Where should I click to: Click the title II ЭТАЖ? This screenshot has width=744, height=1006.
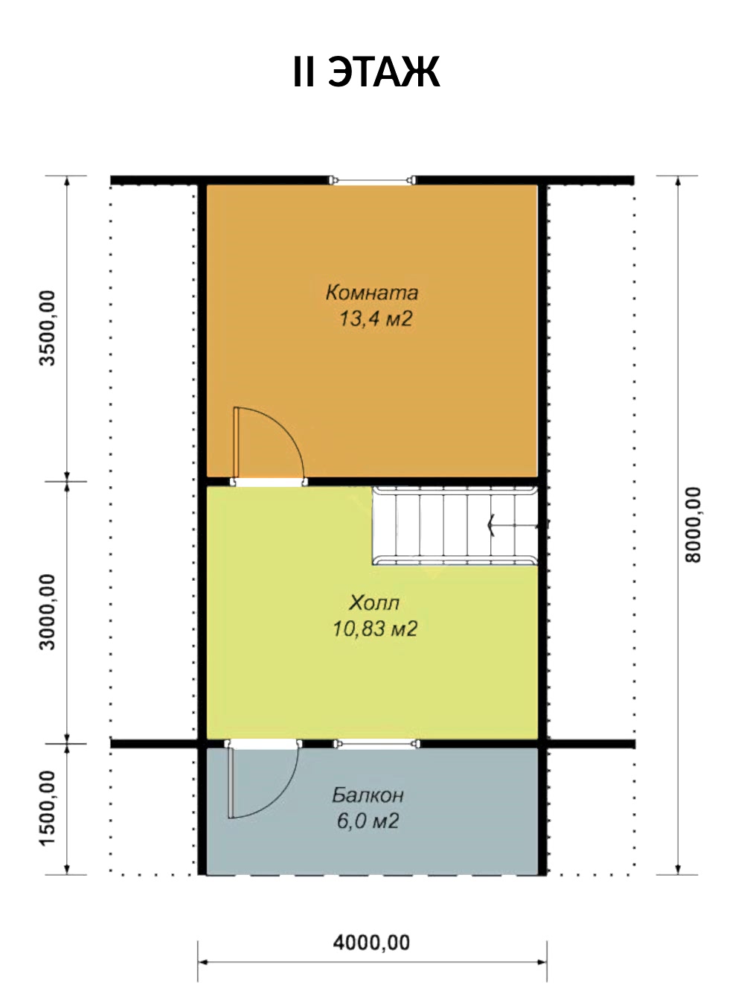coord(366,72)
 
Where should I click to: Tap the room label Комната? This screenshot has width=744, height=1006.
coord(372,293)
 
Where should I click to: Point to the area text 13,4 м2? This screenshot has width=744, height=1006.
coord(376,319)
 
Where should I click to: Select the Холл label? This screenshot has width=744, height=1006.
coord(374,603)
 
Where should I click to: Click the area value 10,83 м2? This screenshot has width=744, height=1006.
coord(375,629)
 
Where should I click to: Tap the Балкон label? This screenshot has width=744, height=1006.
coord(368,795)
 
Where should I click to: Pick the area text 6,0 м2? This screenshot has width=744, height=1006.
coord(368,821)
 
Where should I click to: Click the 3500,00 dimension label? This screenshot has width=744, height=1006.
coord(47,328)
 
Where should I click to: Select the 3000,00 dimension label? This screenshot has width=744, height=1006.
coord(47,612)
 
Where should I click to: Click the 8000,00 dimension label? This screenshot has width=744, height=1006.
coord(693,525)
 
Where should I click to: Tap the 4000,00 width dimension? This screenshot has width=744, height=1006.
coord(371,943)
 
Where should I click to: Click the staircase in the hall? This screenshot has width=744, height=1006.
coord(455,526)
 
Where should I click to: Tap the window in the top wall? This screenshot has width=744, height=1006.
coord(372,180)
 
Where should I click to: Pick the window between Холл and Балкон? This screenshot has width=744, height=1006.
coord(376,744)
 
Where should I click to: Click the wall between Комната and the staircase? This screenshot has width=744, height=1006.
coord(423,482)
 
